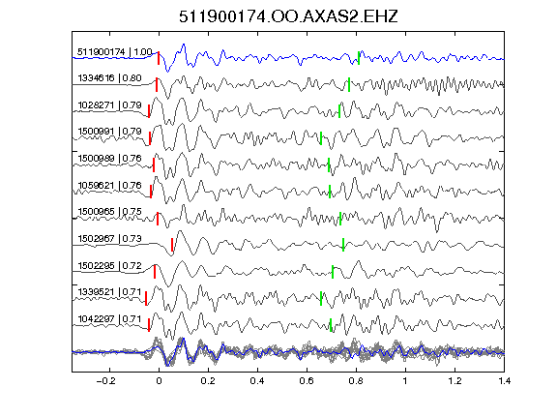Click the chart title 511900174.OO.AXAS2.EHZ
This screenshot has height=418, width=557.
[x=288, y=16]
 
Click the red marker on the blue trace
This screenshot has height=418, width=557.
[x=159, y=58]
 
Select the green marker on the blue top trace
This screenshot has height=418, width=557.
[x=359, y=58]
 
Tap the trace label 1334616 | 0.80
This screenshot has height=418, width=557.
[x=109, y=78]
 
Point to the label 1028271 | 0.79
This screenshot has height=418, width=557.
[x=109, y=105]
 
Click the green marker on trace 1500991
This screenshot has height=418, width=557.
[x=321, y=138]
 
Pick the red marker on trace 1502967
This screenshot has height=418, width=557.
[x=172, y=245]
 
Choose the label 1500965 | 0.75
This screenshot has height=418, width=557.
[x=109, y=212]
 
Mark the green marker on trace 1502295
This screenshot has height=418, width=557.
[x=333, y=272]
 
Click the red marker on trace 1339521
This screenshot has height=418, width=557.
[x=146, y=298]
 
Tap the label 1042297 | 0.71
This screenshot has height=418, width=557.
[x=109, y=319]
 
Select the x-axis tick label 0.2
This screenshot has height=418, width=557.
[x=208, y=381]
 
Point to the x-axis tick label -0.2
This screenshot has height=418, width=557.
[x=105, y=381]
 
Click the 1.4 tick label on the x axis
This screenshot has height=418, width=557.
[x=505, y=381]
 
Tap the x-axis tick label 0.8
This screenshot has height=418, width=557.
[x=356, y=381]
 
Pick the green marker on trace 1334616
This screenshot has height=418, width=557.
[x=349, y=84]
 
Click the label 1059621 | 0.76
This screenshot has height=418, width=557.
[x=109, y=186]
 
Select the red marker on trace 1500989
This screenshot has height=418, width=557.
[x=154, y=165]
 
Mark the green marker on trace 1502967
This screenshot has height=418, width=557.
[x=343, y=245]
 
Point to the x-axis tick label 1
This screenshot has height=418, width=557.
[x=405, y=381]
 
